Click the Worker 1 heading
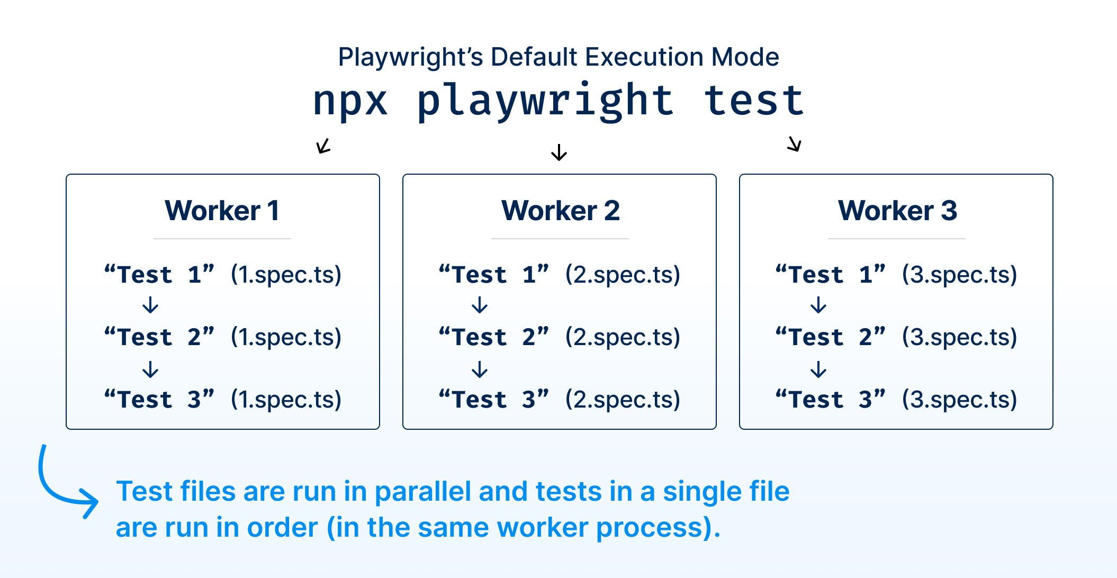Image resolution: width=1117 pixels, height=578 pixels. (222, 211)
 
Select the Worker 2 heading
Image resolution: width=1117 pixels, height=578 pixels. (560, 211)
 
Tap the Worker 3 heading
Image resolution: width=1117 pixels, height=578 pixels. (897, 211)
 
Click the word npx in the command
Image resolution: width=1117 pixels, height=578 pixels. (350, 101)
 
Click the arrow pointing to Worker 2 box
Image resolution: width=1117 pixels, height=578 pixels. (559, 152)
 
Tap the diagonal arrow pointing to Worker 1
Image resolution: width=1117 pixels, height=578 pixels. (323, 146)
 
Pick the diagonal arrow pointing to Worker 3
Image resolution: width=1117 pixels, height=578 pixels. (794, 143)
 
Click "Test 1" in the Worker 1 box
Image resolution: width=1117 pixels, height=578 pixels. (159, 275)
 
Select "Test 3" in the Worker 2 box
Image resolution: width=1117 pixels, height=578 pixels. (494, 400)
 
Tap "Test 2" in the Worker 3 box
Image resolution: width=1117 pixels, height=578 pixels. (830, 337)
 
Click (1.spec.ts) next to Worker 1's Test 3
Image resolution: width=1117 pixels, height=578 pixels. (286, 400)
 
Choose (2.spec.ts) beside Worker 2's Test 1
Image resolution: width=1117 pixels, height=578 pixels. (623, 275)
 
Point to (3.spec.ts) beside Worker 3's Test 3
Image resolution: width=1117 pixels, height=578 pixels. (959, 400)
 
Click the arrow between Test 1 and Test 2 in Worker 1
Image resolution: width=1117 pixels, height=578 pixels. (151, 305)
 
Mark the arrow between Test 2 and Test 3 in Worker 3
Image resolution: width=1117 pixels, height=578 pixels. (818, 369)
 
